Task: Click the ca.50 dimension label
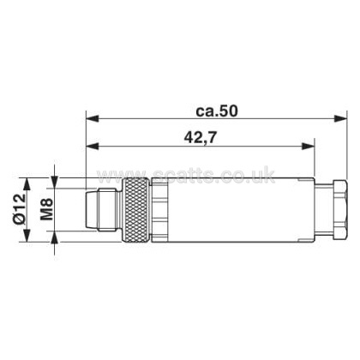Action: pos(217,111)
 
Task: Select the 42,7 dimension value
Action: pos(200,138)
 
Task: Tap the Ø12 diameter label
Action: pos(20,210)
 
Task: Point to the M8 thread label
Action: pos(46,209)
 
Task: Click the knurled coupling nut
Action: pos(135,210)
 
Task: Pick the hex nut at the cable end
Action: pos(339,210)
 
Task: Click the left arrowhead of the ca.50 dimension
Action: pos(93,118)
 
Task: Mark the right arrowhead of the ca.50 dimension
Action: pos(340,118)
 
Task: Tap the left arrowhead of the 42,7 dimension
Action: pos(93,147)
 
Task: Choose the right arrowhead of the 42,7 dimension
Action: pos(308,147)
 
